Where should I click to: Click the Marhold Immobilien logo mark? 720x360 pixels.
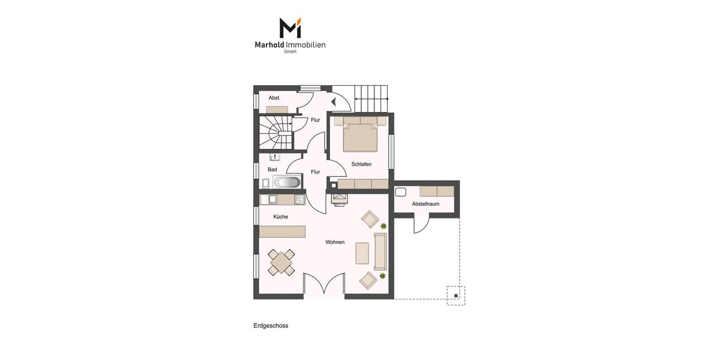pyautogui.click(x=290, y=28)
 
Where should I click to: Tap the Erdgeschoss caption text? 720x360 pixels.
pyautogui.click(x=271, y=326)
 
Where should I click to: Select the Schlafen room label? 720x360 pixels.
pyautogui.click(x=361, y=164)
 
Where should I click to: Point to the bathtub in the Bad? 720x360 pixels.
pyautogui.click(x=287, y=182)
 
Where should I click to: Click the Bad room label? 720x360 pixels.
pyautogui.click(x=272, y=169)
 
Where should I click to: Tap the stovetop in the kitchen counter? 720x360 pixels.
pyautogui.click(x=299, y=200)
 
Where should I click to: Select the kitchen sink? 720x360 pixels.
pyautogui.click(x=272, y=199)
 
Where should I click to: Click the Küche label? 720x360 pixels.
pyautogui.click(x=280, y=217)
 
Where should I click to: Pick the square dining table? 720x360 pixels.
pyautogui.click(x=281, y=262)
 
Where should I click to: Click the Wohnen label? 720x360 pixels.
pyautogui.click(x=335, y=242)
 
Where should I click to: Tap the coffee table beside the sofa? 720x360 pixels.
pyautogui.click(x=362, y=253)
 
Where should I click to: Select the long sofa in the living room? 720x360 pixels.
pyautogui.click(x=380, y=252)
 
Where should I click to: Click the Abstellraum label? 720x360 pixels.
pyautogui.click(x=425, y=204)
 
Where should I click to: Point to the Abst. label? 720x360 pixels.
pyautogui.click(x=275, y=98)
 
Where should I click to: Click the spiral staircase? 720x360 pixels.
pyautogui.click(x=276, y=133)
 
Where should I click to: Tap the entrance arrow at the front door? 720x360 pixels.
pyautogui.click(x=334, y=102)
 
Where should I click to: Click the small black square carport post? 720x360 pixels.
pyautogui.click(x=456, y=296)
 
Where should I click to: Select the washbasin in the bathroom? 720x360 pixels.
pyautogui.click(x=275, y=157)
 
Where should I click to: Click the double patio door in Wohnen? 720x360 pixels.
pyautogui.click(x=324, y=283)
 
